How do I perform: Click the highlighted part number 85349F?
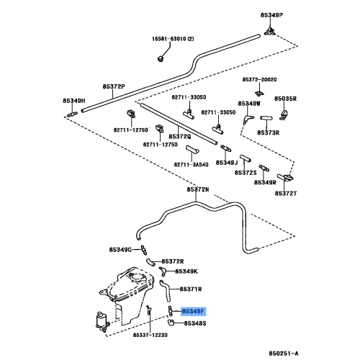point(193,312)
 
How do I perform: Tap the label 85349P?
point(271,15)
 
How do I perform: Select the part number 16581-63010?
point(169,39)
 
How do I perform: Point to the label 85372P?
point(114,86)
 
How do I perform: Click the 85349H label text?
point(74,101)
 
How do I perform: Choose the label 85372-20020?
point(259,79)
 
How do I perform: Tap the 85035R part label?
point(285,99)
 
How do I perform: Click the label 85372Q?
point(180,136)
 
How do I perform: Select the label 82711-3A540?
point(191,165)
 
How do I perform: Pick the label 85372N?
point(198,189)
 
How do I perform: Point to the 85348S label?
point(195,323)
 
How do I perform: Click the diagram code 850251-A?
point(284,354)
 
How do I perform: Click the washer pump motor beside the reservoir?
point(102,321)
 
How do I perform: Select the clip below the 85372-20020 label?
point(258,93)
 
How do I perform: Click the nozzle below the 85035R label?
point(284,114)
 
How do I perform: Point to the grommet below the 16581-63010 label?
point(161,58)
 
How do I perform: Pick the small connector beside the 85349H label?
point(72,114)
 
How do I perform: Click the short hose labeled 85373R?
point(266,118)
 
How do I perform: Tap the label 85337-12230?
point(150,335)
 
